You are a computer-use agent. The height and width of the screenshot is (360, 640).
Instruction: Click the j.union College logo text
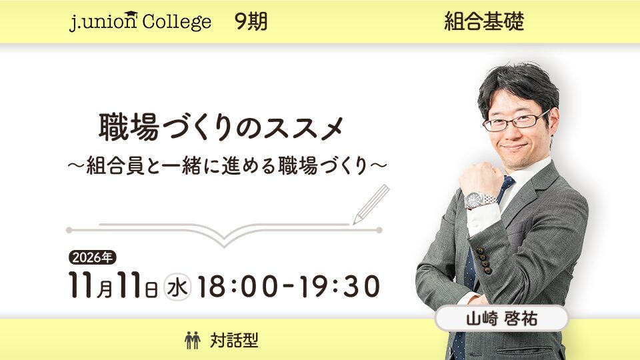click(x=141, y=21)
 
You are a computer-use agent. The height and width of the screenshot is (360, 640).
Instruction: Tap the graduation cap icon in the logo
click(x=131, y=15)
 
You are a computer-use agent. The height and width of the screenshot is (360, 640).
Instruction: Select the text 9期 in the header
click(x=251, y=21)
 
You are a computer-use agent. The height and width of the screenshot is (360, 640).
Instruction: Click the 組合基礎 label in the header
click(x=484, y=21)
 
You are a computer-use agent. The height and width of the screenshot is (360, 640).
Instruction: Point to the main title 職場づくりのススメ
click(x=221, y=127)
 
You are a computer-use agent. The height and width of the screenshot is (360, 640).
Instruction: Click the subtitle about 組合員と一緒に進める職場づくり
click(x=227, y=166)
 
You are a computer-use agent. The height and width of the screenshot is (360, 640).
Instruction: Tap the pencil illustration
click(x=371, y=204)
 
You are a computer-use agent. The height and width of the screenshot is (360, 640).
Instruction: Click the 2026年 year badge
click(x=92, y=257)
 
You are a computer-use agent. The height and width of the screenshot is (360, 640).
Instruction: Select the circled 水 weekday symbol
click(x=177, y=287)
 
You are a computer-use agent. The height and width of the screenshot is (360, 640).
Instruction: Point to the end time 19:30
click(x=339, y=286)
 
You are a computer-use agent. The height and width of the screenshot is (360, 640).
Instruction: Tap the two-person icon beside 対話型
click(x=192, y=340)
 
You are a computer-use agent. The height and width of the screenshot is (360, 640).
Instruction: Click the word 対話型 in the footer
click(x=234, y=340)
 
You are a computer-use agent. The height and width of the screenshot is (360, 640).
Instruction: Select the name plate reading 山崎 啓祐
click(x=501, y=318)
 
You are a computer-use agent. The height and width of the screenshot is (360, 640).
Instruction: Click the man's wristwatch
click(x=479, y=199)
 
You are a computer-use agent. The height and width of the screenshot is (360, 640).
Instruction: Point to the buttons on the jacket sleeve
click(x=485, y=259)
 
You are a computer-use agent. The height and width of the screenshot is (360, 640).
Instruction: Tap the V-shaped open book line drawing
click(x=224, y=233)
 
